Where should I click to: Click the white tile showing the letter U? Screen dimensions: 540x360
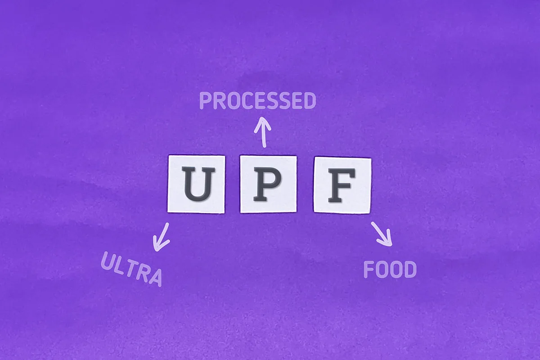pos(196,184)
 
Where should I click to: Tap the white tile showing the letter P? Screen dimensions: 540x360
pos(268,184)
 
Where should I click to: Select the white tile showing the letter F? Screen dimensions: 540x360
pos(342,185)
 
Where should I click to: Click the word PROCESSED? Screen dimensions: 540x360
pos(258,100)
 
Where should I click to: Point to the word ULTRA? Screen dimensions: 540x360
pos(131,269)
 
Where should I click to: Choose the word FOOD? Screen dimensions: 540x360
pos(390,269)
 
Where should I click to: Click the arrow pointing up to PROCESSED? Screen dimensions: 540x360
pos(263,132)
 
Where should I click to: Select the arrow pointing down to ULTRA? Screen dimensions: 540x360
pos(161,237)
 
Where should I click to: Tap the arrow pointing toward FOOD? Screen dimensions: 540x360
pos(382,234)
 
